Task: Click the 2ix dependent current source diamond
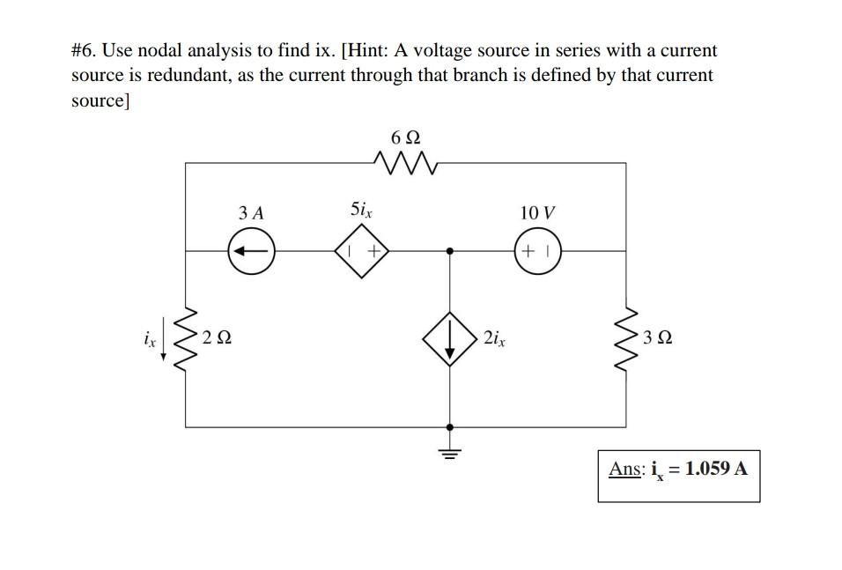coord(450,337)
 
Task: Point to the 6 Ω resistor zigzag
coord(406,162)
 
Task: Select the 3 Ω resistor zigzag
coord(627,337)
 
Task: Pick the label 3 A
coord(251,213)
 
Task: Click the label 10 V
coord(537,213)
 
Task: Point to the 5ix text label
coord(361,211)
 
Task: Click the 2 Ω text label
coord(218,337)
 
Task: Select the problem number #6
coord(85,51)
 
